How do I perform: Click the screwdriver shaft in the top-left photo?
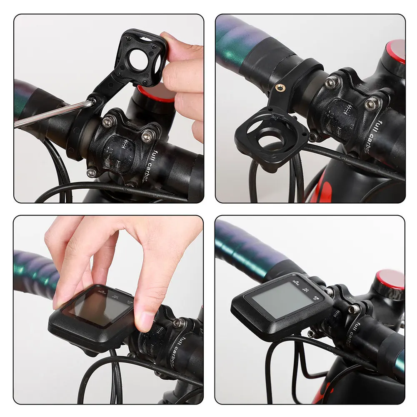pos(50,113)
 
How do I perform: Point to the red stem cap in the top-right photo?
pos(396,51)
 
